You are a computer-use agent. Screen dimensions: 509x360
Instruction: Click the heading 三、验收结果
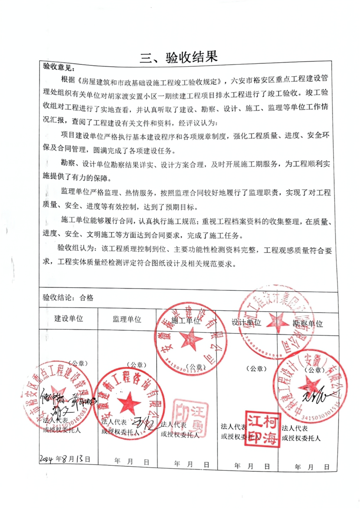pos(179,57)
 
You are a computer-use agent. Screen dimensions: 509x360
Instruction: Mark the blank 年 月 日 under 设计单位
pos(251,466)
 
